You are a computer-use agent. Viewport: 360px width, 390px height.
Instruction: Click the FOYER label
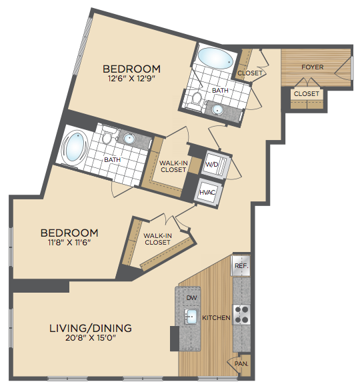tap(312, 67)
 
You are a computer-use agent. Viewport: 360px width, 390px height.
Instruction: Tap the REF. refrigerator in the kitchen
tap(241, 265)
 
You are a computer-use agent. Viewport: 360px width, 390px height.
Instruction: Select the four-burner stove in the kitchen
tap(241, 315)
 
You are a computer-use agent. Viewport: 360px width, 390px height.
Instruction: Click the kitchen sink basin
tap(191, 316)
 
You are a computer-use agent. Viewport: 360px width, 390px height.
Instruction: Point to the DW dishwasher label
tap(191, 297)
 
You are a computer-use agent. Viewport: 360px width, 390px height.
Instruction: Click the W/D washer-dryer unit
tap(214, 165)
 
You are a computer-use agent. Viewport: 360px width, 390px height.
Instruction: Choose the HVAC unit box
tap(208, 192)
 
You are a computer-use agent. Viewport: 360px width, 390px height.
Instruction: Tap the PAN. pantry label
tap(241, 363)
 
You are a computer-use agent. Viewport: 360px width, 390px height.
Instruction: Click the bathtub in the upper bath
tap(215, 59)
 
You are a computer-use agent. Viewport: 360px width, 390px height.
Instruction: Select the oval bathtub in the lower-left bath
tap(75, 148)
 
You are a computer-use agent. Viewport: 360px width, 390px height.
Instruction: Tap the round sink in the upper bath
tap(218, 109)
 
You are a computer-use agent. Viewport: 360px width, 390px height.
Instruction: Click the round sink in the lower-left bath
tap(129, 139)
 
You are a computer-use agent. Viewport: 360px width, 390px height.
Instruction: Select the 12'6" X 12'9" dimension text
tap(131, 79)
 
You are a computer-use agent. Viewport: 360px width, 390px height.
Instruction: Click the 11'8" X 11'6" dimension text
tap(69, 243)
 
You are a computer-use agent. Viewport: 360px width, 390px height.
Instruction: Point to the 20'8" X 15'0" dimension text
tap(91, 338)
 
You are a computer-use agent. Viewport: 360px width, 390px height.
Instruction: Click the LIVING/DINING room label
tap(91, 328)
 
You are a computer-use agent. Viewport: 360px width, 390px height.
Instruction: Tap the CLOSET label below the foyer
tap(306, 94)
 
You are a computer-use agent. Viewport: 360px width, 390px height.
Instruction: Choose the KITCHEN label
tap(216, 317)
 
